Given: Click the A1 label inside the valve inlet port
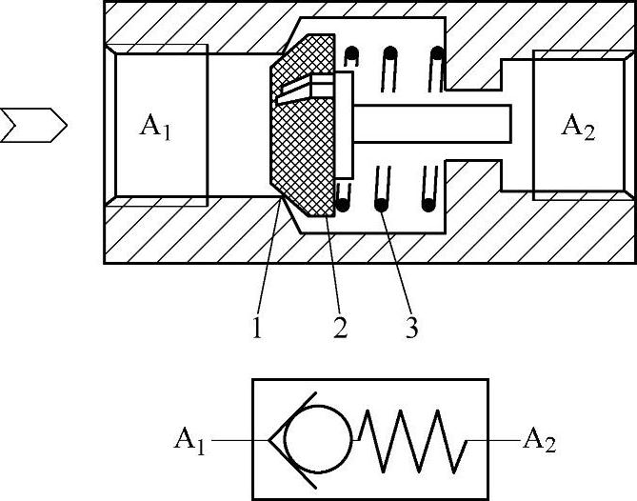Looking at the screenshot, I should pyautogui.click(x=156, y=127).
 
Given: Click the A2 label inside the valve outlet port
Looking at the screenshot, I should pyautogui.click(x=577, y=127).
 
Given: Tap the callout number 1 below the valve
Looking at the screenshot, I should pyautogui.click(x=257, y=327).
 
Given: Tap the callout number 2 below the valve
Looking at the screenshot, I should pyautogui.click(x=339, y=327).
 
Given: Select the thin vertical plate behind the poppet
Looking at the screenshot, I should pyautogui.click(x=345, y=124).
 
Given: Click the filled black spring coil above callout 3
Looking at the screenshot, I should pyautogui.click(x=381, y=203).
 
